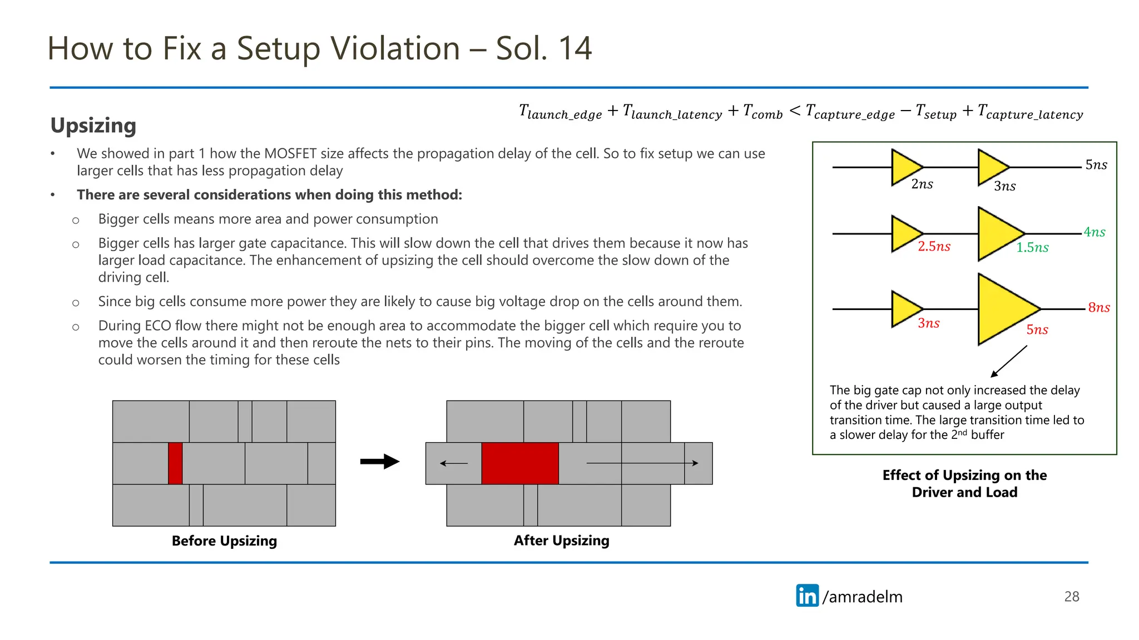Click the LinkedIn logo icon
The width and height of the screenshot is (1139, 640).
click(x=807, y=596)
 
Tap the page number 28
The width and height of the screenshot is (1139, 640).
click(x=1071, y=597)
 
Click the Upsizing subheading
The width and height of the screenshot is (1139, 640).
click(x=93, y=126)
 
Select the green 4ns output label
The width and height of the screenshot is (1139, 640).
click(x=1094, y=232)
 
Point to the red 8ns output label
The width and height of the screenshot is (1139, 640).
click(x=1098, y=308)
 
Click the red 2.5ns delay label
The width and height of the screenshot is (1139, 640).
click(x=934, y=247)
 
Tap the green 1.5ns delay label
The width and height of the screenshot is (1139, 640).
click(x=1032, y=248)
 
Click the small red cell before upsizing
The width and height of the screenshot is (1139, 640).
click(x=175, y=463)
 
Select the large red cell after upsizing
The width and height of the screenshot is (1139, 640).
click(x=519, y=463)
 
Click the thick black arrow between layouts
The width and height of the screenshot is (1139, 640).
click(x=379, y=462)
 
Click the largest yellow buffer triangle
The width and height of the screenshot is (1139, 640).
click(x=1004, y=309)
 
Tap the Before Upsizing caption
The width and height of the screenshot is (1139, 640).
click(x=224, y=541)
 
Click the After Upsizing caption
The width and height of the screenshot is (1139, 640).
click(x=561, y=541)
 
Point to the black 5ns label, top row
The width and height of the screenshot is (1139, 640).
click(x=1096, y=165)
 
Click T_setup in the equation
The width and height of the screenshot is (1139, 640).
click(x=936, y=112)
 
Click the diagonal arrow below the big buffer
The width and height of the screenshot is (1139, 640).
click(x=1009, y=362)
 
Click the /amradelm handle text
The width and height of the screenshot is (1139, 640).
click(x=862, y=597)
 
